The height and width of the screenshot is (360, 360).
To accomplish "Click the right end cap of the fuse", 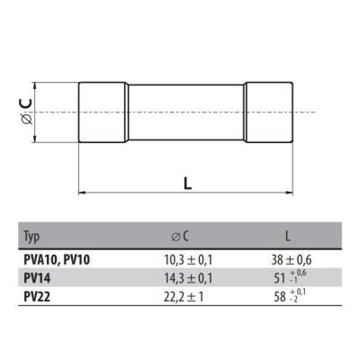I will pos(268,112).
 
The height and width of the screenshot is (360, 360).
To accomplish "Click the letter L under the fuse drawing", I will pos(187,182).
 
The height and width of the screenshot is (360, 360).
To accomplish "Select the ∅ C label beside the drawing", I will pos(24,112).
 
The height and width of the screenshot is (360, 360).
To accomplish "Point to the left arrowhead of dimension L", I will pos(84,193).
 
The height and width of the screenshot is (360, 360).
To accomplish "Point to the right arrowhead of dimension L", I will pos(290,193).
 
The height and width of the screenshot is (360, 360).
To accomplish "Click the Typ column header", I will pos(32,238).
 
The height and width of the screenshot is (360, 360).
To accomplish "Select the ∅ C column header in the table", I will pos(180,238).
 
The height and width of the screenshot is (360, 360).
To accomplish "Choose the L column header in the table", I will pos(287,238).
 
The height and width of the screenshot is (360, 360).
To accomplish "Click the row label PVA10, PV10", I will pos(57,258).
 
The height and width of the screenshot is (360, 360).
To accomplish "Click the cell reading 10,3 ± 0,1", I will pos(180,258).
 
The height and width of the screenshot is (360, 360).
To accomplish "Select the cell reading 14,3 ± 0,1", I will pos(180,277).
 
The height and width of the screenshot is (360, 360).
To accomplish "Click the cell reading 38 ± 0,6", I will pos(287,258).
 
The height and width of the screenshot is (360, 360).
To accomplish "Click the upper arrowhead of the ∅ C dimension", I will pos(35,85).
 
